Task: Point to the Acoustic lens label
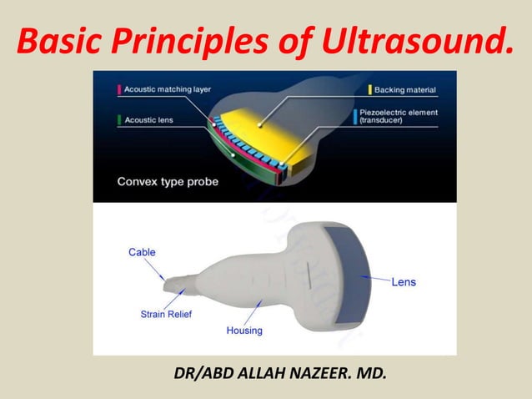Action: [x=148, y=119]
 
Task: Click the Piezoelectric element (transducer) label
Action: [x=406, y=115]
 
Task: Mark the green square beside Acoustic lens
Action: [x=120, y=119]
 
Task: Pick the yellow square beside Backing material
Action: [x=370, y=88]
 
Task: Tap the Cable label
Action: [x=141, y=251]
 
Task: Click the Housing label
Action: [x=244, y=331]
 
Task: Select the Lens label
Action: [x=404, y=282]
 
